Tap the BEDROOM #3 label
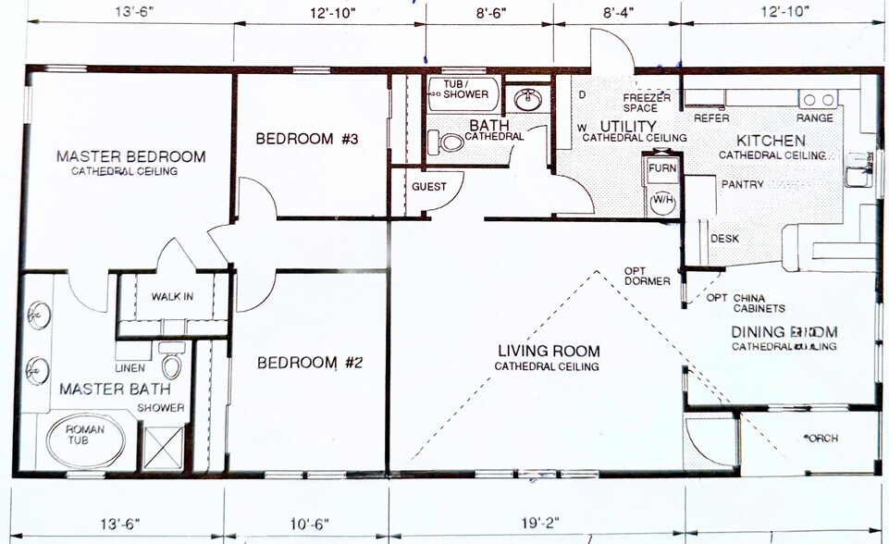click(x=306, y=139)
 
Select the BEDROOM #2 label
click(x=309, y=362)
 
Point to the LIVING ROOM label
click(x=549, y=352)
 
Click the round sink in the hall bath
click(x=528, y=99)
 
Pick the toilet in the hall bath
click(x=451, y=142)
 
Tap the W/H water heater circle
click(x=662, y=201)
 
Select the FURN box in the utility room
click(x=661, y=168)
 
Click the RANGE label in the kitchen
click(x=814, y=118)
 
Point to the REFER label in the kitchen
click(x=711, y=118)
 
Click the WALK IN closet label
click(x=174, y=297)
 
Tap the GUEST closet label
click(x=429, y=187)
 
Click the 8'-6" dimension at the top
click(x=489, y=11)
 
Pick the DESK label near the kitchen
click(x=724, y=239)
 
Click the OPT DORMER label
click(x=647, y=276)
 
